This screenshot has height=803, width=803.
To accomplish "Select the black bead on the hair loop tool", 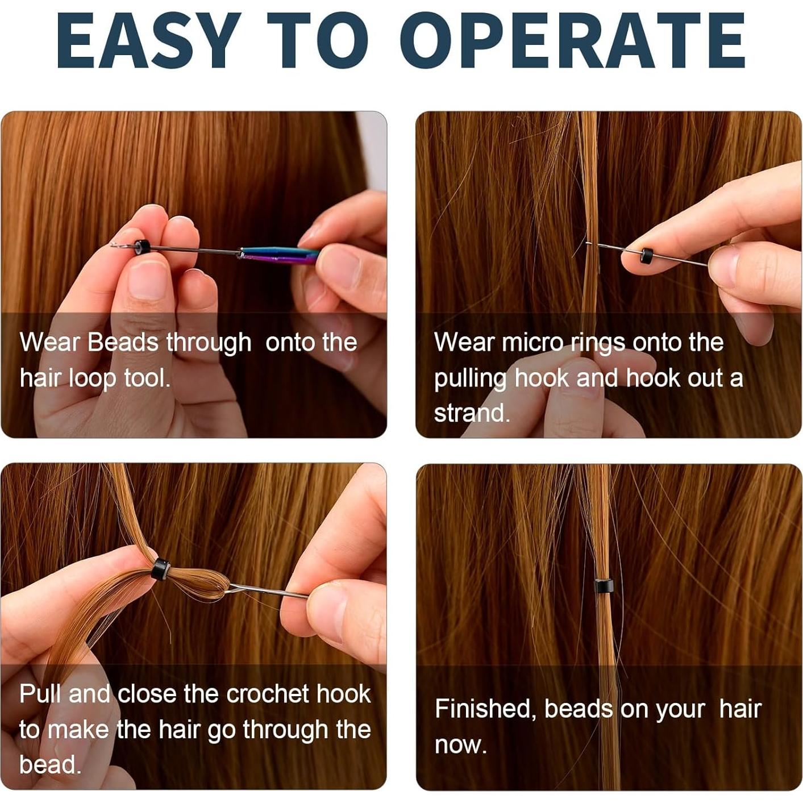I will [x=142, y=247].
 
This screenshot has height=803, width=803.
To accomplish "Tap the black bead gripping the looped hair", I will [x=161, y=569].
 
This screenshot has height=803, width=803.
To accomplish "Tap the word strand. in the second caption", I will [x=472, y=413].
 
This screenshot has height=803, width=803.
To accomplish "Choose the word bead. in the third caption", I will [x=50, y=764].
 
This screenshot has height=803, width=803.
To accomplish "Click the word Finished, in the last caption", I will [x=485, y=709].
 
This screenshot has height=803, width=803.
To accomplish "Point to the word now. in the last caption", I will [x=460, y=744].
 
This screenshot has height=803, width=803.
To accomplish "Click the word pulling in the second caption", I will [x=470, y=378].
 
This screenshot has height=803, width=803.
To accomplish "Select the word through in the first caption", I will [x=209, y=343].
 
